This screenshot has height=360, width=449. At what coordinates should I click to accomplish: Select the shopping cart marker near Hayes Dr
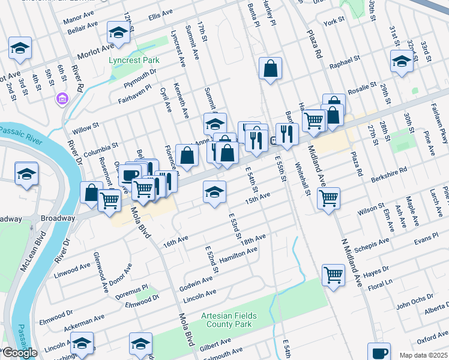click(x=333, y=275)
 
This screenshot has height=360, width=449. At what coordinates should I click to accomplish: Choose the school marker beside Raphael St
click(x=401, y=61)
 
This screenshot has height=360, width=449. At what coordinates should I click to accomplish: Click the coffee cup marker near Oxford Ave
click(x=379, y=353)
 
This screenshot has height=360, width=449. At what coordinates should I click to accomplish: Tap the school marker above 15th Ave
click(x=214, y=192)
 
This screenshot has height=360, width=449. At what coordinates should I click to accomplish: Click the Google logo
click(x=20, y=353)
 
